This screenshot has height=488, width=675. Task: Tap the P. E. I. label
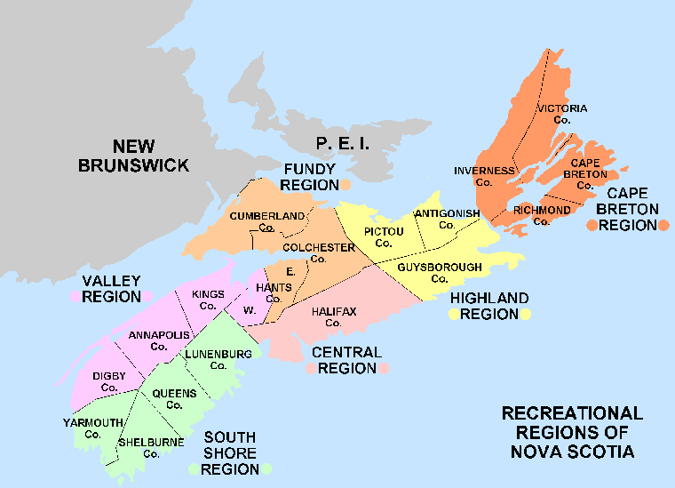pos(342,144)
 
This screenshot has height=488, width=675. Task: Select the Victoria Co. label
pos(561,114)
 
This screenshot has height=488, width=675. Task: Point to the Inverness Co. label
pos(484,176)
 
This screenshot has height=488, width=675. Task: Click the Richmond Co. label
pos(542,215)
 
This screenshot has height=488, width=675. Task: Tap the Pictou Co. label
pos(384,237)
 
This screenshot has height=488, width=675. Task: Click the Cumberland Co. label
pos(267,221)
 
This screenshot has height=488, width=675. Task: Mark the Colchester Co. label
pos(319,252)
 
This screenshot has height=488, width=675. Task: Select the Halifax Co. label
pos(333,316)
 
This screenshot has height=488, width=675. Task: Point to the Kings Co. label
pos(208,300)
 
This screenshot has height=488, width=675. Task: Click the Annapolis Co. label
pos(159,340)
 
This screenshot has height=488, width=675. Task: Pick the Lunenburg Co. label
pos(218,360)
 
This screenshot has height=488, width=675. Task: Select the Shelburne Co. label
pos(151,447)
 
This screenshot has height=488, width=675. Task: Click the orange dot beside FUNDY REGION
pos(345,185)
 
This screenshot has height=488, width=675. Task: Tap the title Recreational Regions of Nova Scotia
pos(572,433)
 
